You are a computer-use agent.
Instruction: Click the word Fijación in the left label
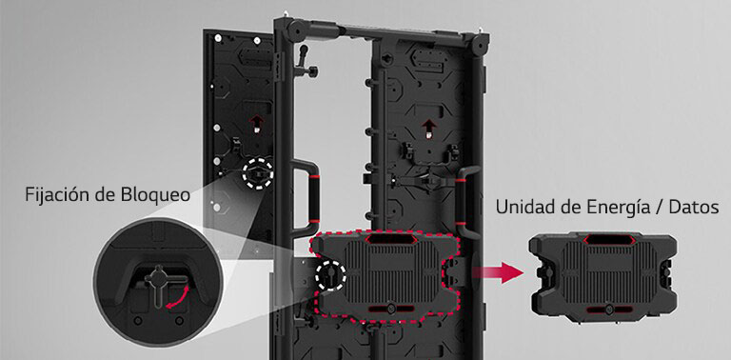tap(55, 195)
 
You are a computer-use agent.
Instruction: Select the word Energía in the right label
tap(610, 208)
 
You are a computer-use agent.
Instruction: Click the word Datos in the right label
tap(693, 207)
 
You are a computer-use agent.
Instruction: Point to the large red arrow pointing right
tap(498, 272)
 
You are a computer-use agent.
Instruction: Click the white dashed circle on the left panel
tap(257, 173)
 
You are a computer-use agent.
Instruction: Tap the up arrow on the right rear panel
tap(427, 128)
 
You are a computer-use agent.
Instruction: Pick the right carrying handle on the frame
tap(467, 203)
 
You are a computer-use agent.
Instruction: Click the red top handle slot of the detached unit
tap(607, 240)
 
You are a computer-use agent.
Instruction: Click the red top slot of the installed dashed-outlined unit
tap(388, 239)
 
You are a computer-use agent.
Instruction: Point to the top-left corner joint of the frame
tap(295, 29)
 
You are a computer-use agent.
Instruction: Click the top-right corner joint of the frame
tap(479, 43)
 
